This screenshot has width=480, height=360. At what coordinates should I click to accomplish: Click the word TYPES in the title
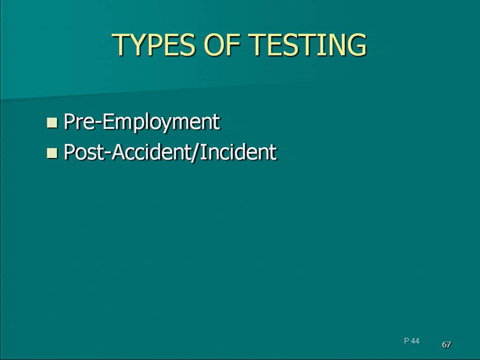point(154,45)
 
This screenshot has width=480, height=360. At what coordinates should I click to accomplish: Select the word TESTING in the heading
point(307,45)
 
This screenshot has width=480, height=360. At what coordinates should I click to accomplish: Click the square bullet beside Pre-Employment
point(52,122)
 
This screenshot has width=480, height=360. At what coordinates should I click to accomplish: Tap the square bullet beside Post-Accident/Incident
point(52,153)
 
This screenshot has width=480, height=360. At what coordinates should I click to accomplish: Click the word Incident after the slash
point(238,151)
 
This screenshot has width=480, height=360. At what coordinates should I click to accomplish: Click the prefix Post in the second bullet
point(84,152)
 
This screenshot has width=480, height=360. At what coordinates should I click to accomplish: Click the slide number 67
point(446,345)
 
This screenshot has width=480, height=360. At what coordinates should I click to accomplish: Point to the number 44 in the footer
point(415,341)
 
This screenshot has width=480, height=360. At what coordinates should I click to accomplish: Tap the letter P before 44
point(406,341)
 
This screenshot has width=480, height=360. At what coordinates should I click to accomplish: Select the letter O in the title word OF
point(214,45)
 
